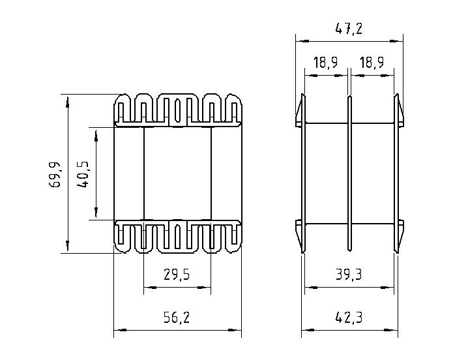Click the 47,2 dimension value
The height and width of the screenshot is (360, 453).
click(x=349, y=29)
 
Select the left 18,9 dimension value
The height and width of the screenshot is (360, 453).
click(x=325, y=63)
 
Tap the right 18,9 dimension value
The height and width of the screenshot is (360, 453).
click(x=372, y=63)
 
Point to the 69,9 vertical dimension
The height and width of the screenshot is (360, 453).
click(x=55, y=174)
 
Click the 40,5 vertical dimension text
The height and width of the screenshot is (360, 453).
click(x=83, y=174)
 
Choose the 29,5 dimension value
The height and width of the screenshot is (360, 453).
click(x=177, y=275)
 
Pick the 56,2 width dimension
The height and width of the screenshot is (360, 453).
click(x=177, y=318)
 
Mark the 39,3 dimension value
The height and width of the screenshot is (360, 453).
click(x=349, y=275)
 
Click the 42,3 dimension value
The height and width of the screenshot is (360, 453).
click(x=349, y=318)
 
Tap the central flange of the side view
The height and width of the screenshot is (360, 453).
click(x=349, y=173)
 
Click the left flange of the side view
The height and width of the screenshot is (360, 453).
click(x=303, y=173)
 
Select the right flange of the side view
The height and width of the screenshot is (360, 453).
click(x=396, y=173)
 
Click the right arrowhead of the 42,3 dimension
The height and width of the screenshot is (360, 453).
click(x=391, y=330)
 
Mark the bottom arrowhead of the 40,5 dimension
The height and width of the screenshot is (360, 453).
click(x=96, y=212)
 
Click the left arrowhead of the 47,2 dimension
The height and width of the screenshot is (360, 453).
click(x=302, y=41)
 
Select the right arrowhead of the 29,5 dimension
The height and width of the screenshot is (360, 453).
click(x=204, y=288)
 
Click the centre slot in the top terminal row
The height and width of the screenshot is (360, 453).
click(x=178, y=110)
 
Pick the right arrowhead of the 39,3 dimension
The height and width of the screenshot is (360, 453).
click(x=387, y=288)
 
